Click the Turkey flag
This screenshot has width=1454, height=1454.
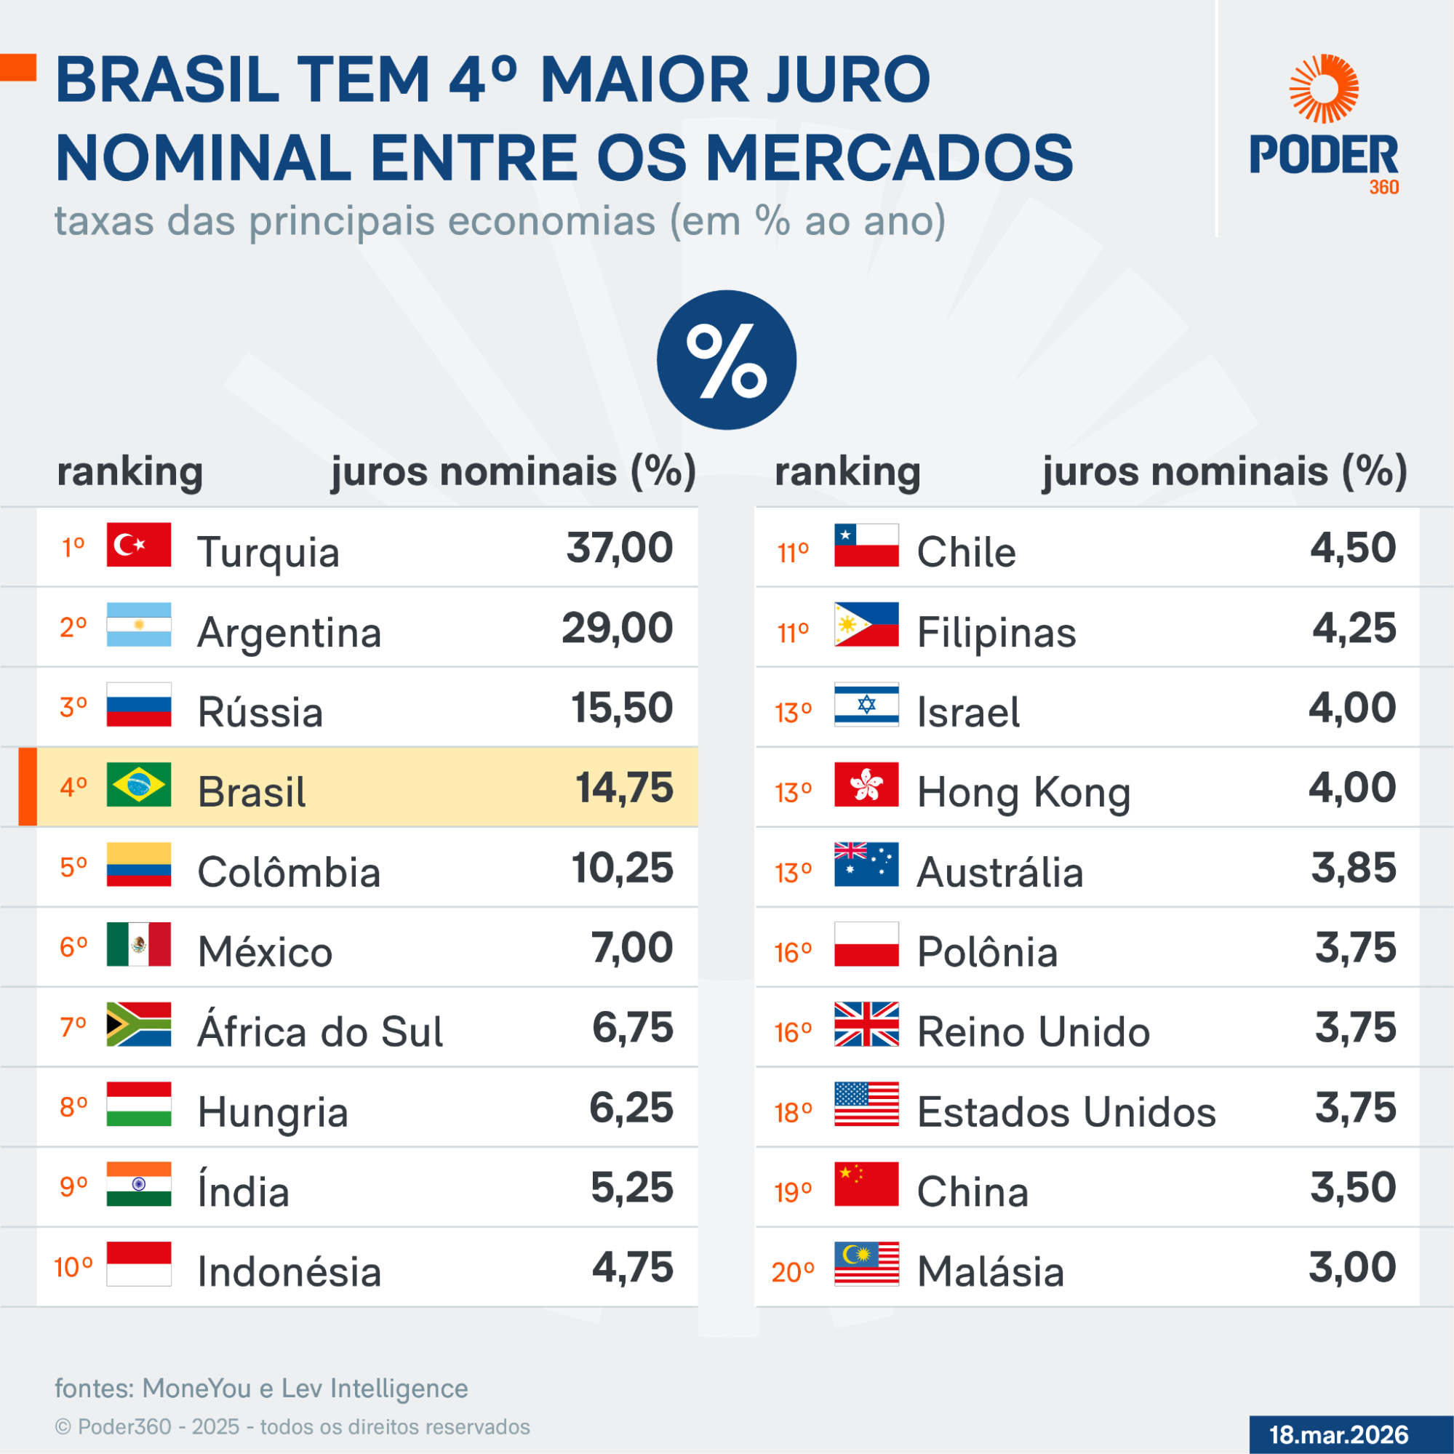[138, 544]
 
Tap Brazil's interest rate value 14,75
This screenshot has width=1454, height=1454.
[624, 788]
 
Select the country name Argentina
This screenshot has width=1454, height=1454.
[289, 632]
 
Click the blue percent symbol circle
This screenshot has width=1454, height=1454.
[726, 360]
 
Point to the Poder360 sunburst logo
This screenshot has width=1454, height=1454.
[1324, 89]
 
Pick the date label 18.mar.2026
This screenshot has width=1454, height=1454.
[1338, 1434]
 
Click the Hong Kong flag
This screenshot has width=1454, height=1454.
[866, 784]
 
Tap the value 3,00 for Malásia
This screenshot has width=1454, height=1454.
[1352, 1267]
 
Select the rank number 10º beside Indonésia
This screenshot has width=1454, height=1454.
[73, 1267]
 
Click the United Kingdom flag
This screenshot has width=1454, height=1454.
[866, 1024]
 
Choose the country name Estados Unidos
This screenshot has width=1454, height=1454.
[1066, 1111]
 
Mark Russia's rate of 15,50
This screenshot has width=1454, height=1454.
[622, 708]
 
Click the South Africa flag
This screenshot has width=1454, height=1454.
[138, 1024]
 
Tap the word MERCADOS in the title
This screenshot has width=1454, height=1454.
[889, 158]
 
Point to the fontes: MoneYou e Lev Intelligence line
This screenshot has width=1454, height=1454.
[261, 1389]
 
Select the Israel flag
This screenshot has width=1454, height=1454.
[866, 704]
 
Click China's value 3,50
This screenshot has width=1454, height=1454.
[1353, 1188]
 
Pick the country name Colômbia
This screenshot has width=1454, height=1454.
[289, 872]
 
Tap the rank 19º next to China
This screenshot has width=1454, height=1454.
[794, 1192]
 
